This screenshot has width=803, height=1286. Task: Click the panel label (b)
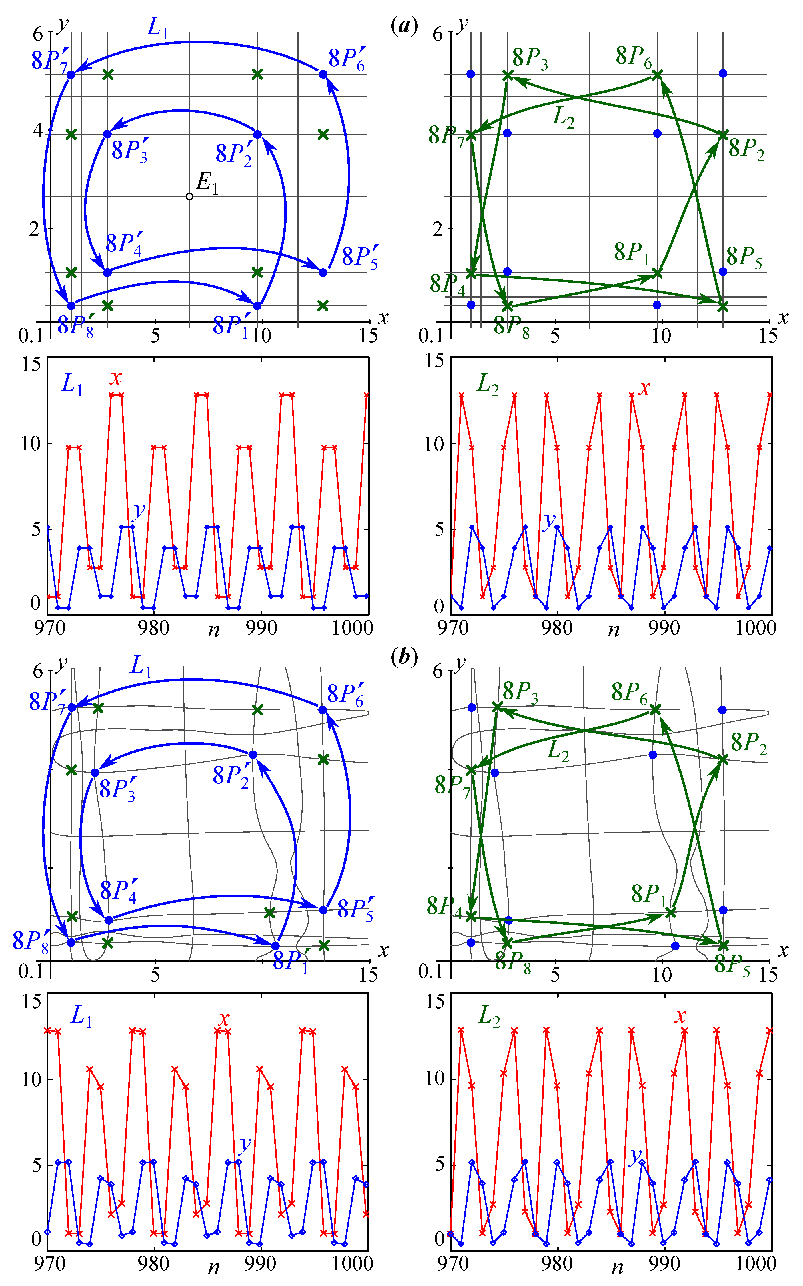[x=404, y=657]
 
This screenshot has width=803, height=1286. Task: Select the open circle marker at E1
[x=189, y=197]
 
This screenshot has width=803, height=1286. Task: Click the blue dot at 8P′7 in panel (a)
[x=71, y=74]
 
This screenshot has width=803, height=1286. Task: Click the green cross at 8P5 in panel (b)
[x=723, y=945]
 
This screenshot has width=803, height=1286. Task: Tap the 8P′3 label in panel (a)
[x=129, y=151]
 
